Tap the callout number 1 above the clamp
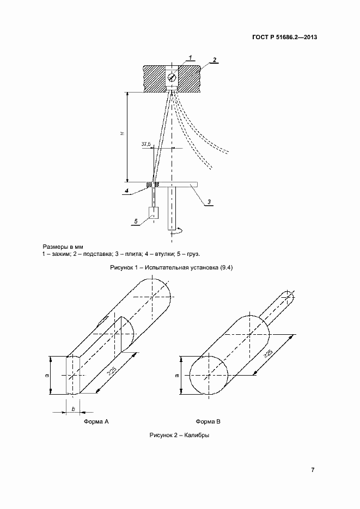point(191,57)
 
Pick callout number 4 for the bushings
point(126,191)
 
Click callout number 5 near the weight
point(136,222)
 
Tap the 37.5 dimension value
point(146,144)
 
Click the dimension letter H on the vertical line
point(122,134)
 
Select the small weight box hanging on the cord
point(154,213)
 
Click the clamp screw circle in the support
point(172,77)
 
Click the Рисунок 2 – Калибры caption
point(179,436)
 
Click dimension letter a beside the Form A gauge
point(46,375)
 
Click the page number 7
point(313,470)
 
